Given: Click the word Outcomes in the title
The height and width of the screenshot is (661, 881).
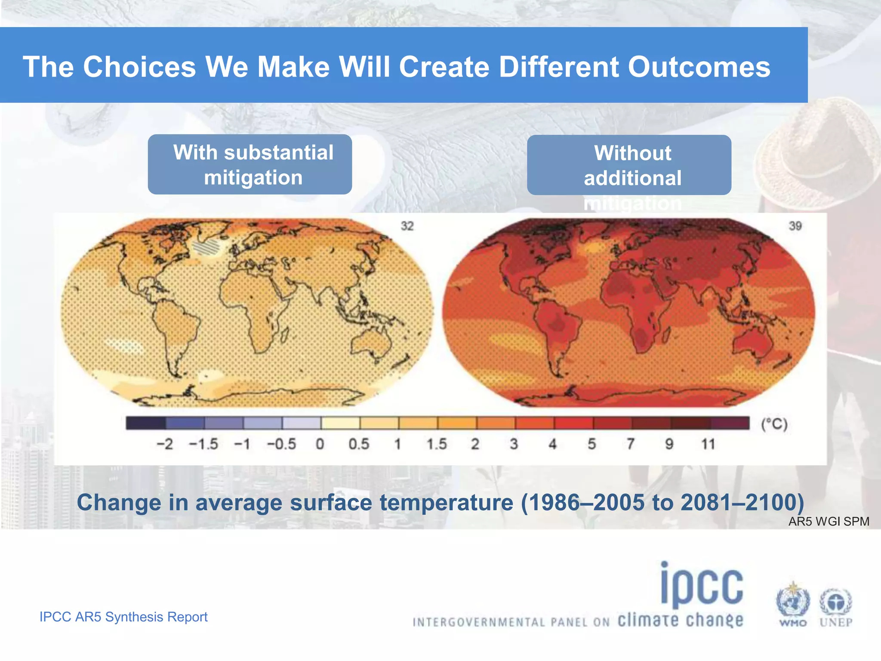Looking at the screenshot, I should (699, 67).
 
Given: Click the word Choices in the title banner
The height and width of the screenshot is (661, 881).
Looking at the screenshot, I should (139, 67).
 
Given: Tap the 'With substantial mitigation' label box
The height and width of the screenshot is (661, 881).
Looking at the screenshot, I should (250, 164).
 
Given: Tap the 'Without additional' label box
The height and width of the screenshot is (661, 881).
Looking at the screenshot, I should (629, 165).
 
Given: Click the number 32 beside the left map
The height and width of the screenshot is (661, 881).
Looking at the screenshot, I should (407, 226).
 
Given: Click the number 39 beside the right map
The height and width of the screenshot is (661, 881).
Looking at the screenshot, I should (795, 226).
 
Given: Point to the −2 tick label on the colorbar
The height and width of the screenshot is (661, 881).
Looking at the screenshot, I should (164, 444).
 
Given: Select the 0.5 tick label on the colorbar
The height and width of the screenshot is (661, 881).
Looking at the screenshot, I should (359, 444).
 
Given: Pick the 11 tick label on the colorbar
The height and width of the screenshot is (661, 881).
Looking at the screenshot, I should (708, 444).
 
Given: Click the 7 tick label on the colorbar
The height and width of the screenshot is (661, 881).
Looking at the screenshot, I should (630, 444).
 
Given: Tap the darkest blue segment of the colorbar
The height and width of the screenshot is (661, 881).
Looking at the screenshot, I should (145, 423).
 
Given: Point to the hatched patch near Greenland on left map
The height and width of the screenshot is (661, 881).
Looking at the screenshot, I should (206, 247).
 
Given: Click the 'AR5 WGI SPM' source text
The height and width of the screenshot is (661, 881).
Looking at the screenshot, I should (829, 522).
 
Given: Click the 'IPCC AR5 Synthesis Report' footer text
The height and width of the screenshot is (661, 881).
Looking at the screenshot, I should (123, 617).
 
